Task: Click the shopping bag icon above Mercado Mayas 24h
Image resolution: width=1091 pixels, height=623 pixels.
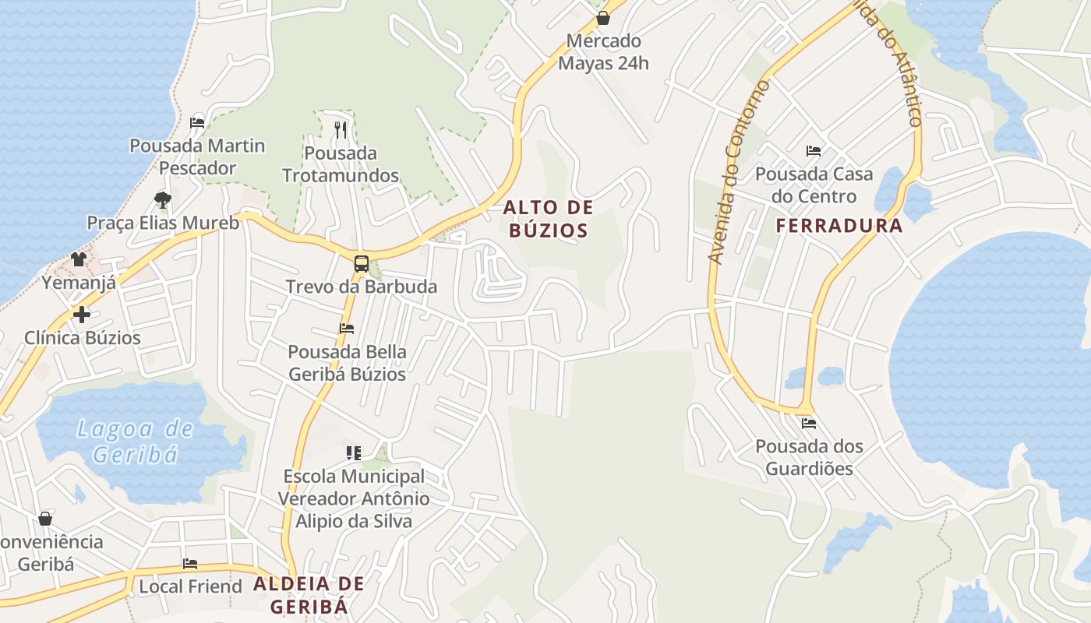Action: pos(602,18)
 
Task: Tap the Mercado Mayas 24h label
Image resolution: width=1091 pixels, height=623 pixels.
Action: pos(604,52)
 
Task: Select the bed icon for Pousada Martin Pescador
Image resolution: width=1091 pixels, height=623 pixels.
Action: pos(197,123)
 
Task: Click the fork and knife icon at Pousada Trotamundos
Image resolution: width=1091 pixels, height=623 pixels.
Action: pos(340,129)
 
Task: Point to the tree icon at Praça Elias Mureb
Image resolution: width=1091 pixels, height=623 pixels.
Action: pos(162,200)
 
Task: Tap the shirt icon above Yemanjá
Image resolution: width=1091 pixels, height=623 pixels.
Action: pos(79,259)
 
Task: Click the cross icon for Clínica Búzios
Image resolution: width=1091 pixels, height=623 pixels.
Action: pos(82,315)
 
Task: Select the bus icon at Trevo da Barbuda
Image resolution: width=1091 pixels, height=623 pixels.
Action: pos(361,264)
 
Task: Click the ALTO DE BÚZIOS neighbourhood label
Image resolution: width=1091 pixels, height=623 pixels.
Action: pos(548,219)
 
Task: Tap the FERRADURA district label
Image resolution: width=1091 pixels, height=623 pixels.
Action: pos(839,226)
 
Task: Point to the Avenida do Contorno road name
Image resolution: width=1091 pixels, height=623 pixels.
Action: pos(737,171)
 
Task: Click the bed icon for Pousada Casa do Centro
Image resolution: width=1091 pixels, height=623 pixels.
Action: pos(814,151)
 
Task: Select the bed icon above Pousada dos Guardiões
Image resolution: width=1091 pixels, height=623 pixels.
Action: pos(809,424)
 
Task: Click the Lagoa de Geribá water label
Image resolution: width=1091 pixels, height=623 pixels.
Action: pos(136,441)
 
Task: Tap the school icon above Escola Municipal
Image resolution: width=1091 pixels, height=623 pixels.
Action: pos(354,452)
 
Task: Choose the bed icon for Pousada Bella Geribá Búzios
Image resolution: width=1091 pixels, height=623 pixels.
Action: pos(347,329)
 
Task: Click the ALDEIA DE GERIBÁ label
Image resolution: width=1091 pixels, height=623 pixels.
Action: pos(309,594)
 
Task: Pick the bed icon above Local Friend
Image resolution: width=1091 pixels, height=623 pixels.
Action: pos(190,564)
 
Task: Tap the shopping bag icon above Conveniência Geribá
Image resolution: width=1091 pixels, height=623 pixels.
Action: pos(45,519)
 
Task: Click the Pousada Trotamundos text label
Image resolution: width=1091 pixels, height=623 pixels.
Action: pos(341,164)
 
